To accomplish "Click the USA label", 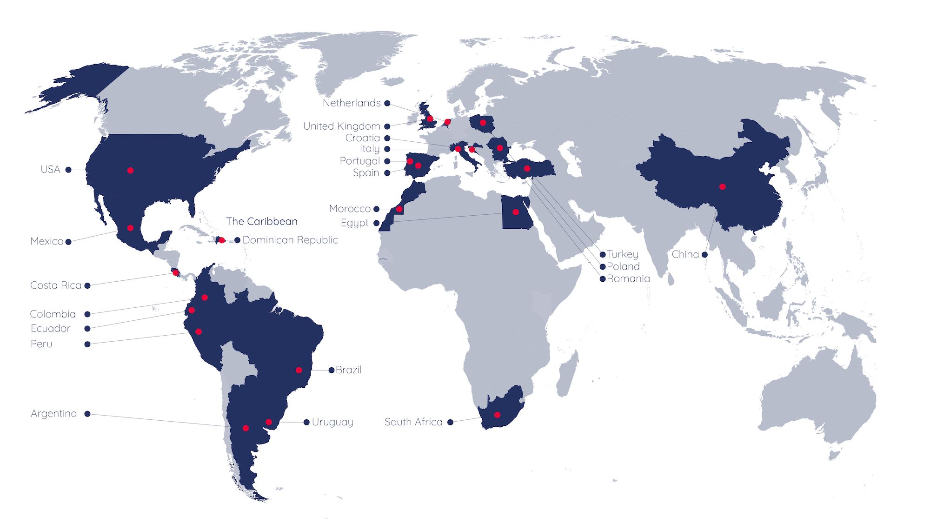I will coord(50,170).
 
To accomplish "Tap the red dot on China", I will coord(722,187).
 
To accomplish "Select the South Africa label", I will coord(413,422).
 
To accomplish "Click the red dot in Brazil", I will coord(299,371).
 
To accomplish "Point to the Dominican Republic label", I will coord(290,240).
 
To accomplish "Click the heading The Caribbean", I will coord(262,221).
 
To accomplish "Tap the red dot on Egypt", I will coord(516,212).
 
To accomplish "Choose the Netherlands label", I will coord(352,103).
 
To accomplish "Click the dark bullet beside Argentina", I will coord(87,414).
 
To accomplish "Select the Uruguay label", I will coord(332,422).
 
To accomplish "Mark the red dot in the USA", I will coord(130,171).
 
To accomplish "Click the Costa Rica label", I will coord(56,285).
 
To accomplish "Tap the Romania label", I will coord(628,279).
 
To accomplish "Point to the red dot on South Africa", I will coord(497,415).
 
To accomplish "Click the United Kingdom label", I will coord(342,126).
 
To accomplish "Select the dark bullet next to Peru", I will coord(87,344).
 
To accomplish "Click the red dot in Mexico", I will coord(130,228).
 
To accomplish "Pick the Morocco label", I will coord(350,209).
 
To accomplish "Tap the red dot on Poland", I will coord(483,123).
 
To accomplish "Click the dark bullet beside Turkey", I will coord(603,255).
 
